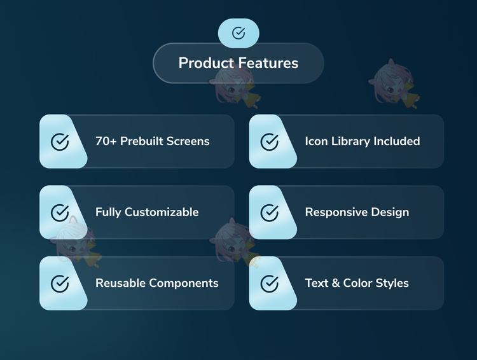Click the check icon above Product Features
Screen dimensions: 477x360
coord(238,33)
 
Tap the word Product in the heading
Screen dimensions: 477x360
coord(206,63)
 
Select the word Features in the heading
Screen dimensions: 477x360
coord(268,63)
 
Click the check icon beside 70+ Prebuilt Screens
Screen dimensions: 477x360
coord(60,142)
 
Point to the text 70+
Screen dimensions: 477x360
coord(106,141)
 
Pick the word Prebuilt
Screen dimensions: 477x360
coord(142,141)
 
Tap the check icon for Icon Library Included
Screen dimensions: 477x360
coord(270,142)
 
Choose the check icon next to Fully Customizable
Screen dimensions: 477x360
coord(60,212)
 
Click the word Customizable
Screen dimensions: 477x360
coord(162,212)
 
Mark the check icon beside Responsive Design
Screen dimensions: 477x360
coord(270,212)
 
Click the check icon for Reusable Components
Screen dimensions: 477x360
coord(60,284)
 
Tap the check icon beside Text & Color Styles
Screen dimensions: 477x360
coord(270,284)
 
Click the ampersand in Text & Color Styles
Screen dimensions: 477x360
coord(336,283)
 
